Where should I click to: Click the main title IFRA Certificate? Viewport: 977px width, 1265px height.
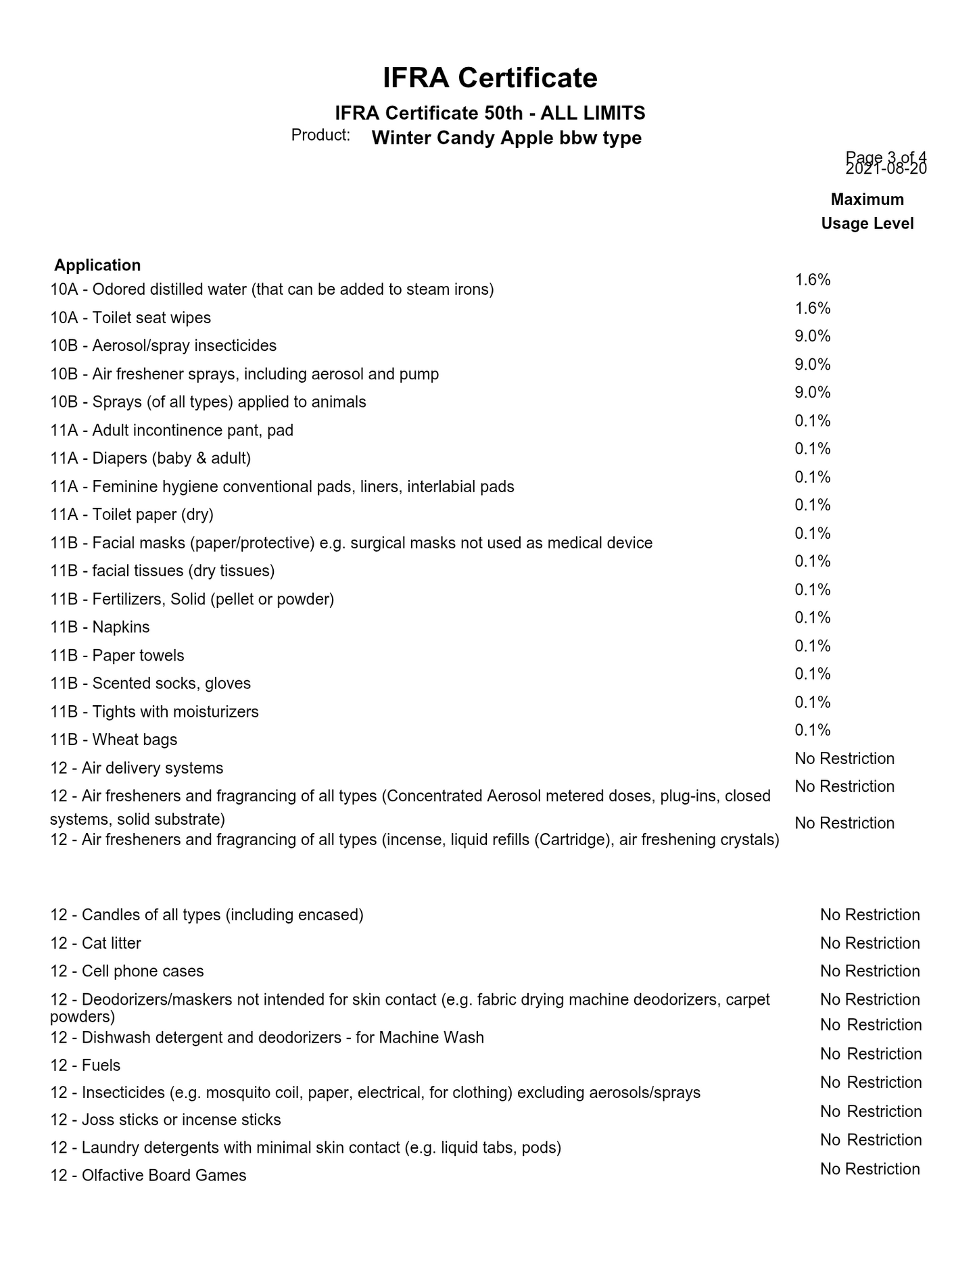[490, 78]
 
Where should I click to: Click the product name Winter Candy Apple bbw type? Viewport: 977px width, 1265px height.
[506, 138]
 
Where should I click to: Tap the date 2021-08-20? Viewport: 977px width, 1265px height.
[886, 169]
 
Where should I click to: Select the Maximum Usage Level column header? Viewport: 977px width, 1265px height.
[867, 212]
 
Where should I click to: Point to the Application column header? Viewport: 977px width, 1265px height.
[97, 265]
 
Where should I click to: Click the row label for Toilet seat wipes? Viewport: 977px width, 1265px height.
[130, 318]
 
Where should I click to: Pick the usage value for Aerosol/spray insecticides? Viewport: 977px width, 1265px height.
[812, 336]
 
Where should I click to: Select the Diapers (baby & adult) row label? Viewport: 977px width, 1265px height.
[150, 458]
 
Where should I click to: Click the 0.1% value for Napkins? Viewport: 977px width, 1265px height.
[812, 617]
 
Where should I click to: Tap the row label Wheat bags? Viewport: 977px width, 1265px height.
[114, 740]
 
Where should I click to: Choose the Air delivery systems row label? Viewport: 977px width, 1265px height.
[137, 768]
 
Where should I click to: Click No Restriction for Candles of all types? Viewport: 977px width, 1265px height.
[869, 915]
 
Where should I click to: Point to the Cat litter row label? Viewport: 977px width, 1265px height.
[95, 943]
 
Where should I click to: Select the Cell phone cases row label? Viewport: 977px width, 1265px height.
[126, 971]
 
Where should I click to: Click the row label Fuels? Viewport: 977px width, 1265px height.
[85, 1066]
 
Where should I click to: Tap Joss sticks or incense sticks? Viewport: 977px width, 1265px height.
[165, 1120]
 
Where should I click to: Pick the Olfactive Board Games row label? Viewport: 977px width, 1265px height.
[148, 1175]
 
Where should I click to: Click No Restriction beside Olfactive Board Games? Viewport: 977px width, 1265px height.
[869, 1169]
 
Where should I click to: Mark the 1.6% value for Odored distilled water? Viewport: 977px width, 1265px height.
[812, 280]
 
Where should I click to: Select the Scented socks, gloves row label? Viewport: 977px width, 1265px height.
[150, 684]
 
